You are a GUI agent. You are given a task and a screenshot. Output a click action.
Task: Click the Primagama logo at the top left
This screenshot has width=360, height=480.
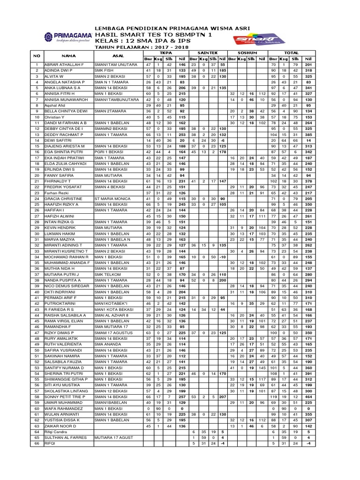click(x=66, y=37)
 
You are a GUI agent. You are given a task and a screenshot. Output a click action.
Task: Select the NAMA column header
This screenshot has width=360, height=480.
click(x=68, y=56)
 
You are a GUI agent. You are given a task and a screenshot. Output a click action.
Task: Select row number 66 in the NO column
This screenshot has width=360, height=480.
click(x=37, y=443)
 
